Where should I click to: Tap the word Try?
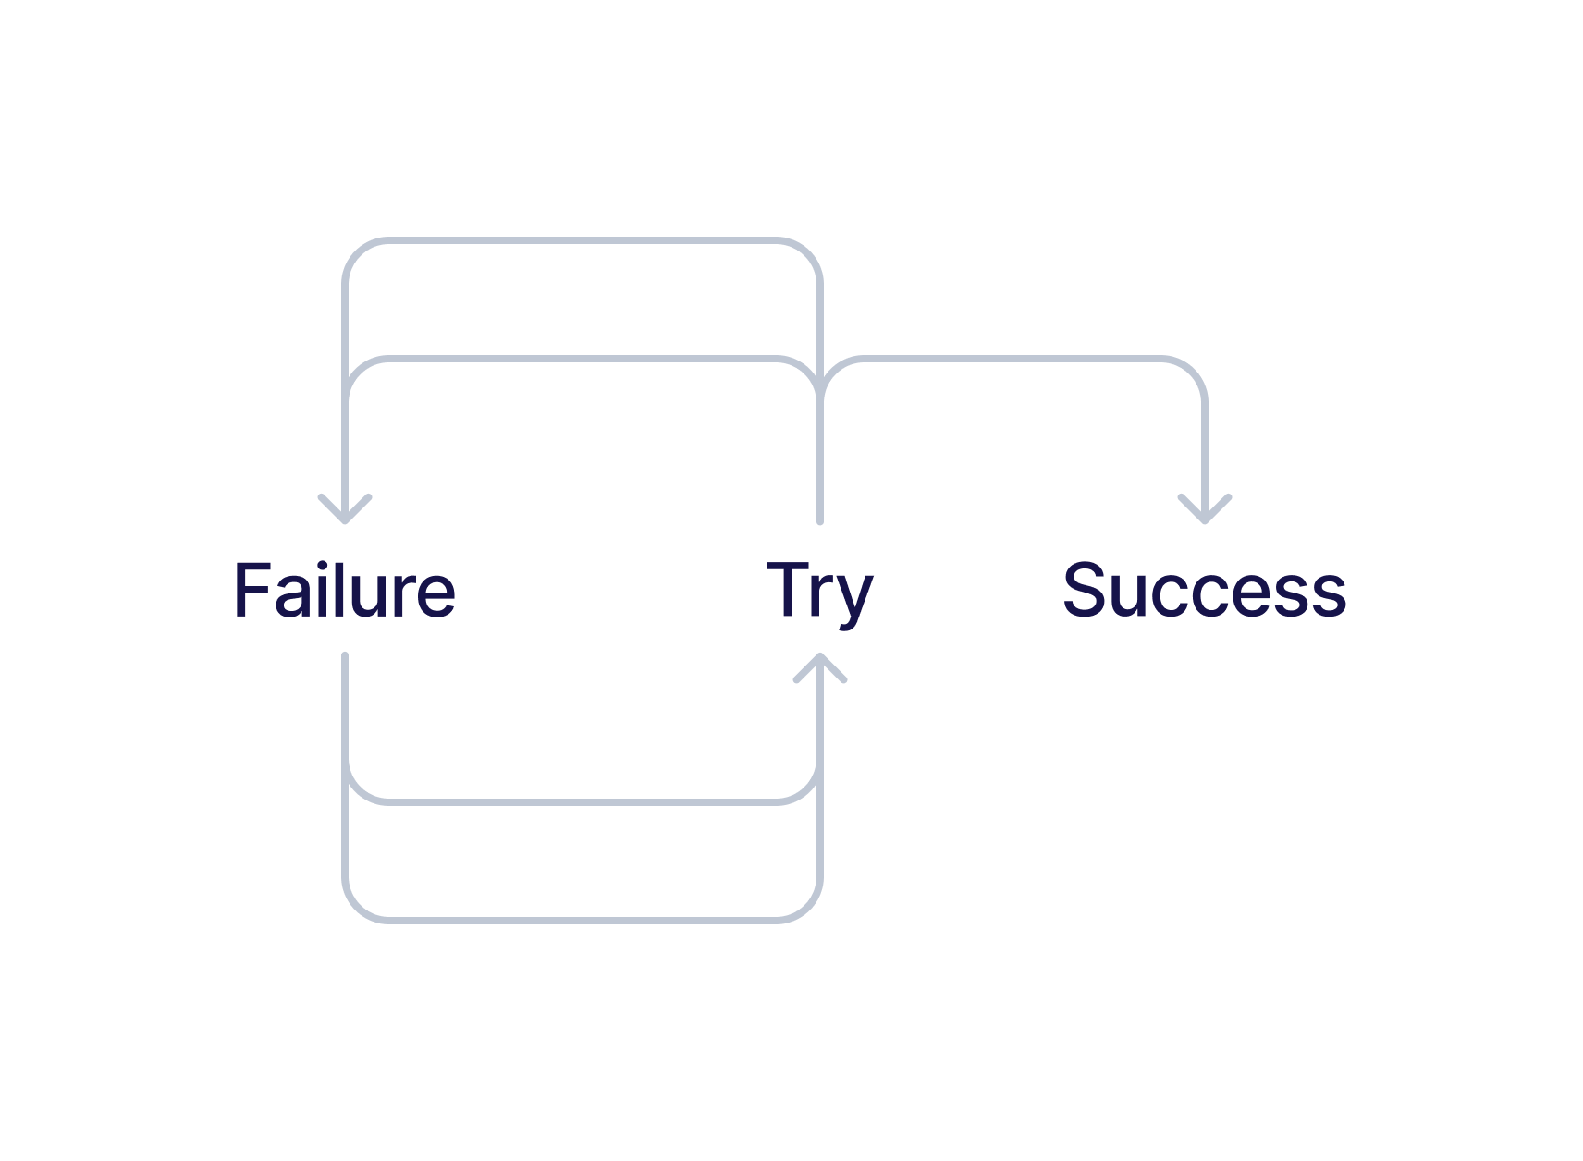pos(819,592)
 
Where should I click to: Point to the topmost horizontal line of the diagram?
pos(583,241)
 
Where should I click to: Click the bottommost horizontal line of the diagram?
pos(583,920)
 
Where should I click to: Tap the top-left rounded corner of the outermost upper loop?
pos(356,252)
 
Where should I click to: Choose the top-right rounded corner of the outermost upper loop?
pos(809,252)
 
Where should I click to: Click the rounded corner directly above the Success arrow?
pos(1194,369)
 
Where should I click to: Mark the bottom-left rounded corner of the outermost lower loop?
pos(356,909)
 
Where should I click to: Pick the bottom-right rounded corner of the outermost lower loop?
pos(809,909)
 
